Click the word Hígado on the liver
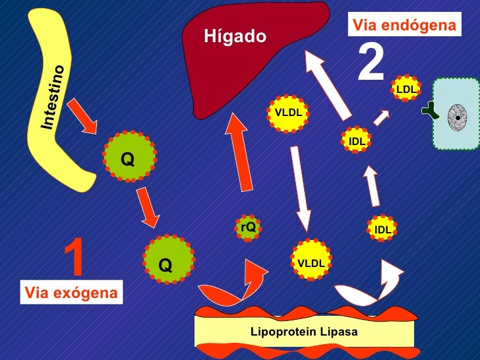(x=235, y=36)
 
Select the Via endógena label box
(x=404, y=26)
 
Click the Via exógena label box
(x=71, y=293)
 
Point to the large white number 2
(x=371, y=64)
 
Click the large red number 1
(x=75, y=258)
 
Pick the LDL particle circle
(x=406, y=88)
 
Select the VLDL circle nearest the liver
(x=288, y=113)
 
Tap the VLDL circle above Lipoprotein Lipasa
(x=311, y=263)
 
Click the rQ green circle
(x=248, y=227)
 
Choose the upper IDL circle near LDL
(x=357, y=140)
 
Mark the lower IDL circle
(x=383, y=229)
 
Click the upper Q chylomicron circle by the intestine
(x=129, y=158)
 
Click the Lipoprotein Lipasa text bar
(x=304, y=332)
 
